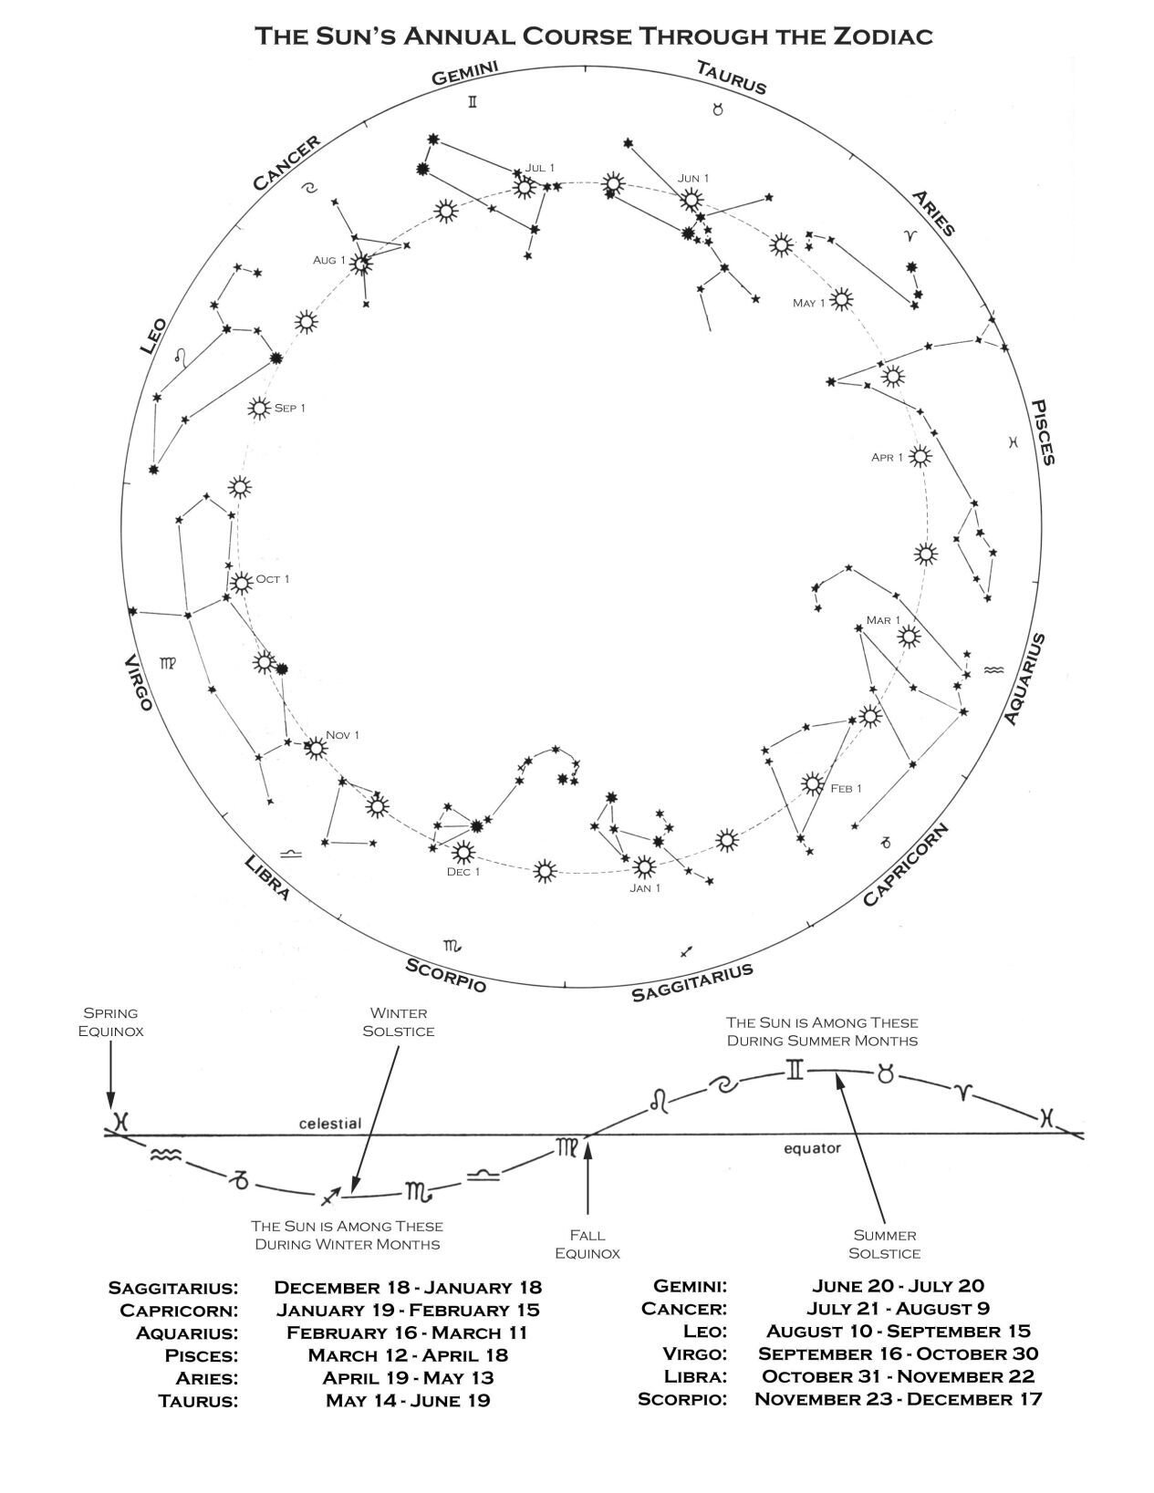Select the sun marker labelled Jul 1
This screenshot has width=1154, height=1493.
[524, 188]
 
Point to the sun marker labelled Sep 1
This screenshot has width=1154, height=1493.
[259, 409]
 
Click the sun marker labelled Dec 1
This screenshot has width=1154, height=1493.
[463, 853]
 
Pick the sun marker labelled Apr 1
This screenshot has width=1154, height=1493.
[920, 457]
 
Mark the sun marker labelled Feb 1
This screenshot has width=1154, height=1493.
[811, 783]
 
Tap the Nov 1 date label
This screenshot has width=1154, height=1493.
[343, 735]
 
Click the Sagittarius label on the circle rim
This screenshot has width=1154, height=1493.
[692, 981]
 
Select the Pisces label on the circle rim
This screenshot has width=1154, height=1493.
[1043, 432]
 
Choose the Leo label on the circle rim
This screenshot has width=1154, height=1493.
[152, 336]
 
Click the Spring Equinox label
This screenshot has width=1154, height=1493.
[110, 1021]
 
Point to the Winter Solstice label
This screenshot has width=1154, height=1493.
[399, 1021]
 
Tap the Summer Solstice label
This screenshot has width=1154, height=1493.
[884, 1244]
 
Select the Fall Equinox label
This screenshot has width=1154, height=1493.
[588, 1244]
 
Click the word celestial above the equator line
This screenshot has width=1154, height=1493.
[330, 1124]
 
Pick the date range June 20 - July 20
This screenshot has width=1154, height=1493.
[898, 1286]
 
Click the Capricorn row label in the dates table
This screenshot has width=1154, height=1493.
[179, 1311]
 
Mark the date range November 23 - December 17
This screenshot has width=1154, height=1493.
[898, 1399]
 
